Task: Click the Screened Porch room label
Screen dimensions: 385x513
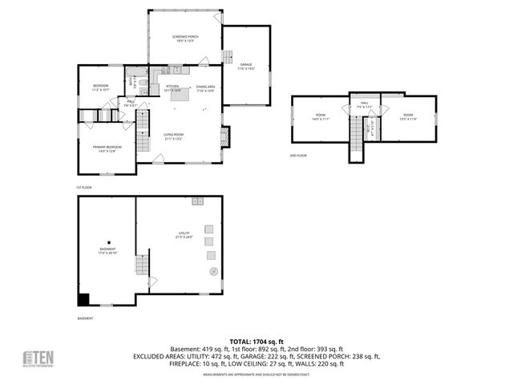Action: [x=186, y=38]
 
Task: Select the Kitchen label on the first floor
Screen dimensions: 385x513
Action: [x=172, y=88]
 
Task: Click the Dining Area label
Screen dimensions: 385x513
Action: [x=204, y=88]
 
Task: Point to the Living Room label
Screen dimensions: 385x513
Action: [x=174, y=136]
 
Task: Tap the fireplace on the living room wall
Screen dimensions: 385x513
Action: [x=225, y=136]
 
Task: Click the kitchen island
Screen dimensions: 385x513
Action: [x=183, y=95]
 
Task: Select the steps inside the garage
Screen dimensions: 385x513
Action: [x=228, y=59]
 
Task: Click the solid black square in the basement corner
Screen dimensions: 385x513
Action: [x=83, y=300]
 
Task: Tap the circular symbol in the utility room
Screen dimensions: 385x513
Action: [x=213, y=272]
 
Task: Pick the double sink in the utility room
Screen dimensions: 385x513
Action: [x=197, y=201]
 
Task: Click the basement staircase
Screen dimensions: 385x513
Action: [x=142, y=263]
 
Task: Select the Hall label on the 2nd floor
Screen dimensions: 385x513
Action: [x=363, y=103]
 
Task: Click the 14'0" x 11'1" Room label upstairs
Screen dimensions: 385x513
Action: [x=321, y=117]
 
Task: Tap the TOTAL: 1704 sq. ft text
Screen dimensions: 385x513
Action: [x=256, y=341]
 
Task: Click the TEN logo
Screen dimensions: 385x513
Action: [x=38, y=358]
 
